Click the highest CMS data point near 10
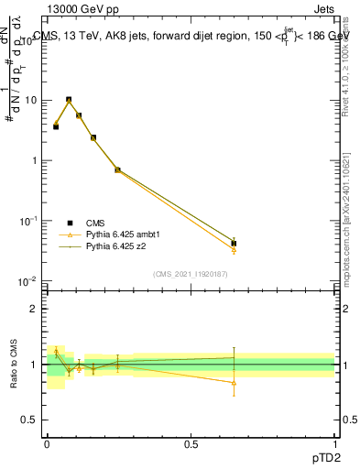69,100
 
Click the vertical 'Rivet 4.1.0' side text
351,64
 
